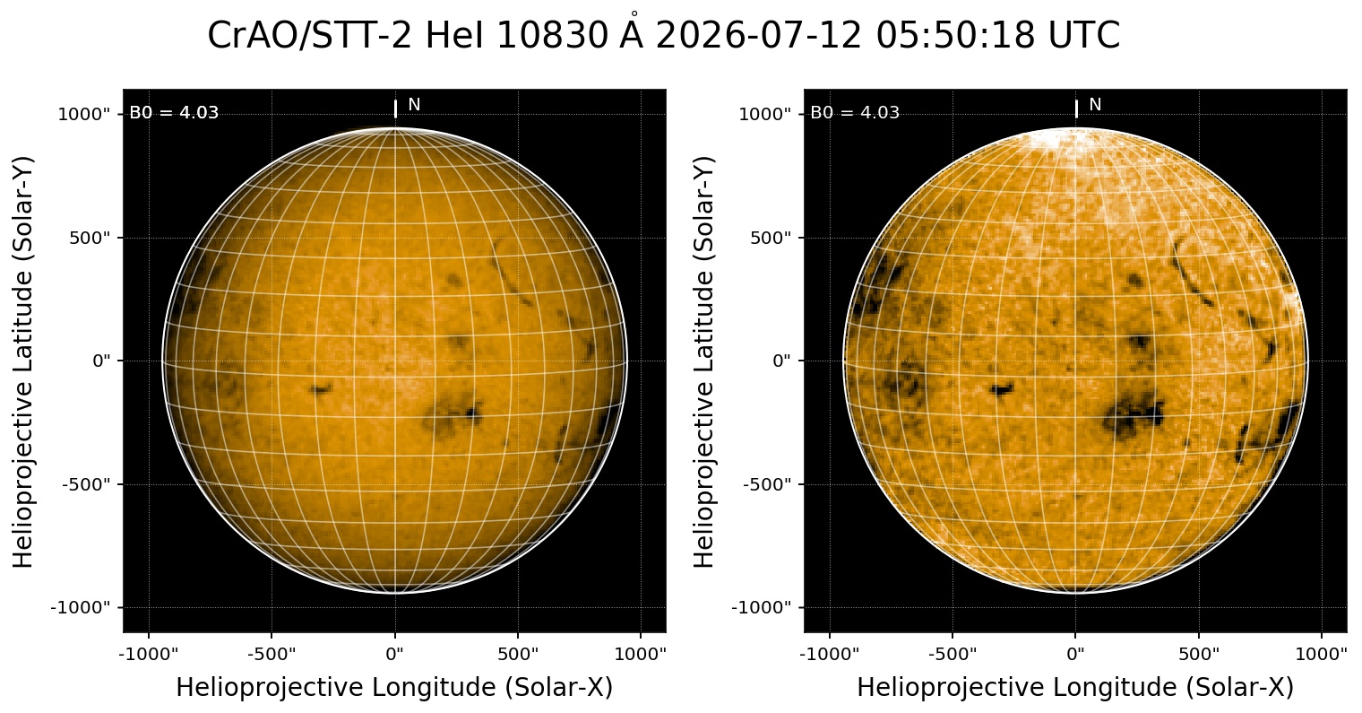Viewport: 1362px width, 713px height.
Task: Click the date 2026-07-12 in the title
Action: pos(758,35)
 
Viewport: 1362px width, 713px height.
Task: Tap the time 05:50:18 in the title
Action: pos(955,35)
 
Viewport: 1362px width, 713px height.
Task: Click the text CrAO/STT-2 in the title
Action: pos(309,35)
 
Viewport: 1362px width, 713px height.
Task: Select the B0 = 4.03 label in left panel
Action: pos(174,112)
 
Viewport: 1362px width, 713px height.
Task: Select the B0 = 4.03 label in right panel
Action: pos(855,112)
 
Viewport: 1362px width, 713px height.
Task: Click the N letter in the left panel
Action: pos(414,105)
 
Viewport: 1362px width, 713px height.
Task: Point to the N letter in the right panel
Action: pos(1095,105)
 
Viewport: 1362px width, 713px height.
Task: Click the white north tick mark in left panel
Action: pos(395,109)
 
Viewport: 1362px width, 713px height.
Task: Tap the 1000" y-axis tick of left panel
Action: pos(84,115)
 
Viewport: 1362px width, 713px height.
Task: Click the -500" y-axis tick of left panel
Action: pos(86,484)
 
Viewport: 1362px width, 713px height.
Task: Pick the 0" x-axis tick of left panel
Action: pos(395,654)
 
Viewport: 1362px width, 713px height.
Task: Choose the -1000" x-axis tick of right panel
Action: pos(830,654)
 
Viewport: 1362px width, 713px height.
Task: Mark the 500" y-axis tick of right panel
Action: pos(771,238)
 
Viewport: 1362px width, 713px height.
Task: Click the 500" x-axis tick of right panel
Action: pos(1199,654)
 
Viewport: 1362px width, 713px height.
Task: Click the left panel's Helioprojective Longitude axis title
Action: pos(394,688)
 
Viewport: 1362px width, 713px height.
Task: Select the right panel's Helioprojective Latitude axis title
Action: pos(703,362)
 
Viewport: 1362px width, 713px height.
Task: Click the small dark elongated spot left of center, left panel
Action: pos(320,388)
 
